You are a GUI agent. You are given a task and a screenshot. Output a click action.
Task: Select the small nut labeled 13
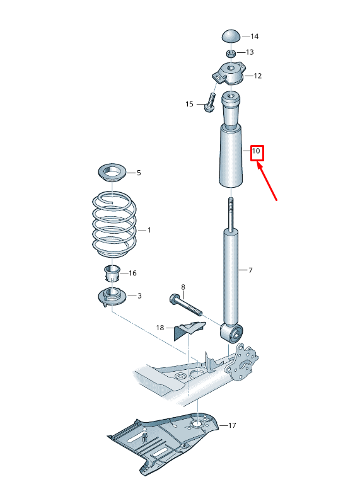point(231,52)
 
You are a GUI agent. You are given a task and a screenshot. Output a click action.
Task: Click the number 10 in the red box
point(257,152)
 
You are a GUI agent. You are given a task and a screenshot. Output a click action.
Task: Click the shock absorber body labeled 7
point(231,274)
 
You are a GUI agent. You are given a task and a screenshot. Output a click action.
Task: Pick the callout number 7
point(250,270)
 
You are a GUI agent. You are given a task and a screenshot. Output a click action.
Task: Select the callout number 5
point(139,172)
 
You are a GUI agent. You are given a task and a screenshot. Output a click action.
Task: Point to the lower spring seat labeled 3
point(112,296)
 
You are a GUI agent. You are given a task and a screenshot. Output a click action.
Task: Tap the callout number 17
point(232,426)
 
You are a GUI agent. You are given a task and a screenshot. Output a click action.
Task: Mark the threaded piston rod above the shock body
point(231,213)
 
